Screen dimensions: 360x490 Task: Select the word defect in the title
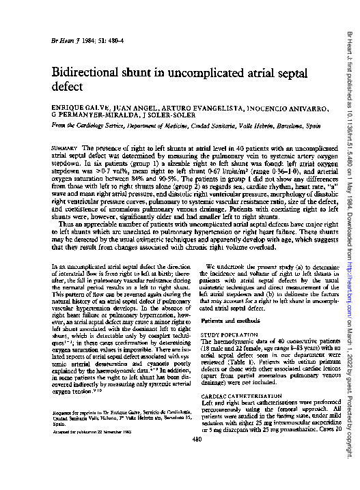pos(68,88)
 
